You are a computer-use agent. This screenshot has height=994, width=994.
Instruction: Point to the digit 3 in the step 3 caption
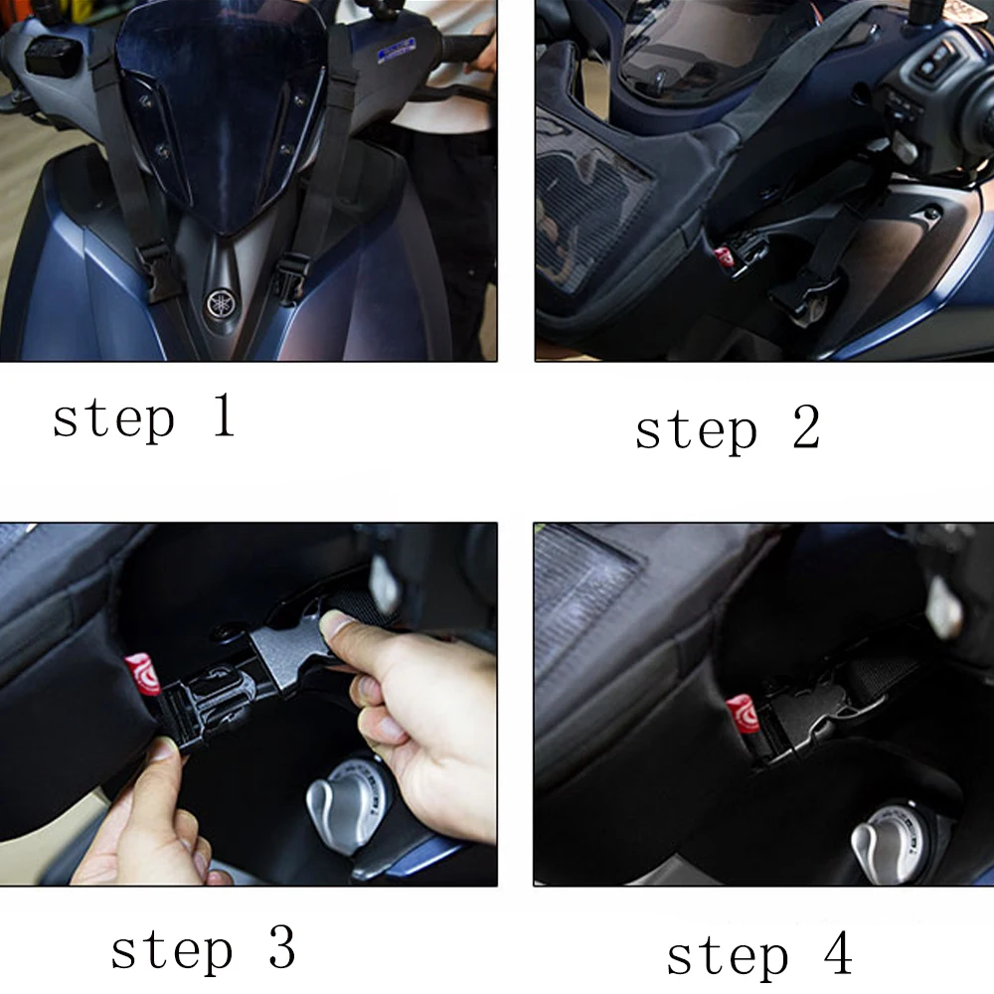coord(282,946)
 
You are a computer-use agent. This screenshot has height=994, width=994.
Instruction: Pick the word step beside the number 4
coord(728,956)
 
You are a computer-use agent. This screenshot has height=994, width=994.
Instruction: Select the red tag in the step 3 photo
coord(140,674)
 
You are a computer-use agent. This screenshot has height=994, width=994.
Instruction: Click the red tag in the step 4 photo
coord(742,713)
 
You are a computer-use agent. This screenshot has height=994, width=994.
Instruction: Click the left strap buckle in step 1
coord(155,267)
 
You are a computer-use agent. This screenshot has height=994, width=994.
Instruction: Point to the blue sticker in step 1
coord(397,50)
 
